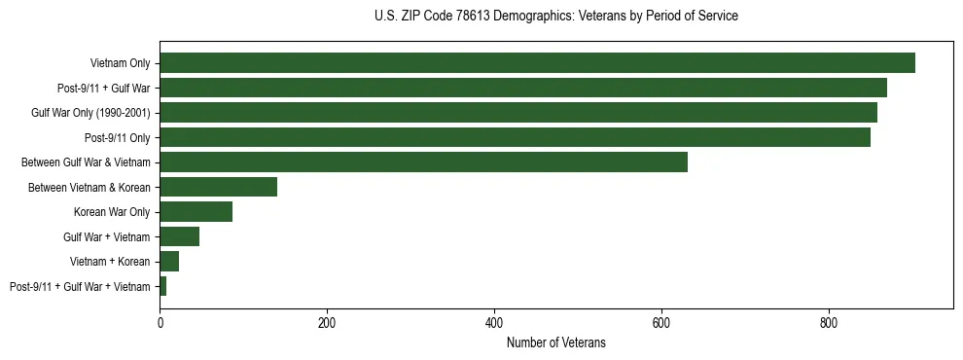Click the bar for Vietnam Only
[x=537, y=63]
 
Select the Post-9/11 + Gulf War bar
[x=523, y=88]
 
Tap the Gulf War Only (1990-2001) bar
[x=518, y=113]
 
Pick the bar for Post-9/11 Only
[x=515, y=137]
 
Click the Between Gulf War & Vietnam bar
[x=423, y=162]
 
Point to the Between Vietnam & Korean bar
[x=218, y=187]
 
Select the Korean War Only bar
[x=196, y=212]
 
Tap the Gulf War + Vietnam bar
[x=179, y=236]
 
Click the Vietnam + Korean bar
[x=169, y=262]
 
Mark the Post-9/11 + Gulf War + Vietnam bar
[x=163, y=286]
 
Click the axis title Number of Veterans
[x=555, y=342]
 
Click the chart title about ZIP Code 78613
[x=555, y=17]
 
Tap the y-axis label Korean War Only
[x=112, y=212]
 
